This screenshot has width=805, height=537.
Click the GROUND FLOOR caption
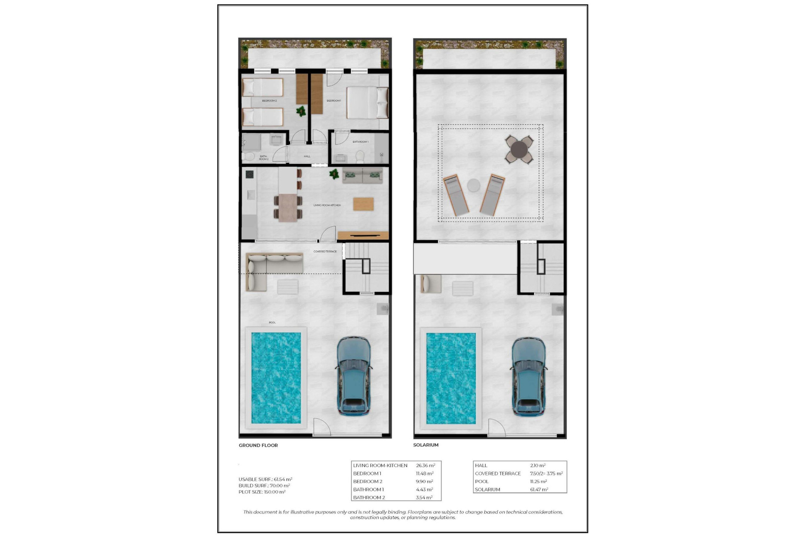coord(258,445)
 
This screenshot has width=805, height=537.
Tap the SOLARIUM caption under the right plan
coord(426,445)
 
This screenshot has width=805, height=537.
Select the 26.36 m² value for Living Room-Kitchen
coord(425,465)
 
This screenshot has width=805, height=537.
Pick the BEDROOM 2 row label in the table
coord(368,481)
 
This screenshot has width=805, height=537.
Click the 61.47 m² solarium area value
coord(539,489)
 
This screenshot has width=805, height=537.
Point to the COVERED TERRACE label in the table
coord(498,473)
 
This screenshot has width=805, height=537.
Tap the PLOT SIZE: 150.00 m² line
coord(262,492)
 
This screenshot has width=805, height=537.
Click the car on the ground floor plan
coord(354,375)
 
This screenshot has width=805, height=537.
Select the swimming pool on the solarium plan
coord(451,378)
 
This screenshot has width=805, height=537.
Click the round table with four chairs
coord(519,149)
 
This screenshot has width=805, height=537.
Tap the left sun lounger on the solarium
coord(456,196)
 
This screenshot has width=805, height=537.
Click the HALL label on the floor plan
coord(307,156)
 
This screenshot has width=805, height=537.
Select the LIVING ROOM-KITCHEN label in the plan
coord(327,205)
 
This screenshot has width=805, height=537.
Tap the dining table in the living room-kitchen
coord(288,207)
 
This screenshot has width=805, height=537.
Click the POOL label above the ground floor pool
coord(272,323)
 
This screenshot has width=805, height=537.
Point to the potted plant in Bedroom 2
coord(301,111)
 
